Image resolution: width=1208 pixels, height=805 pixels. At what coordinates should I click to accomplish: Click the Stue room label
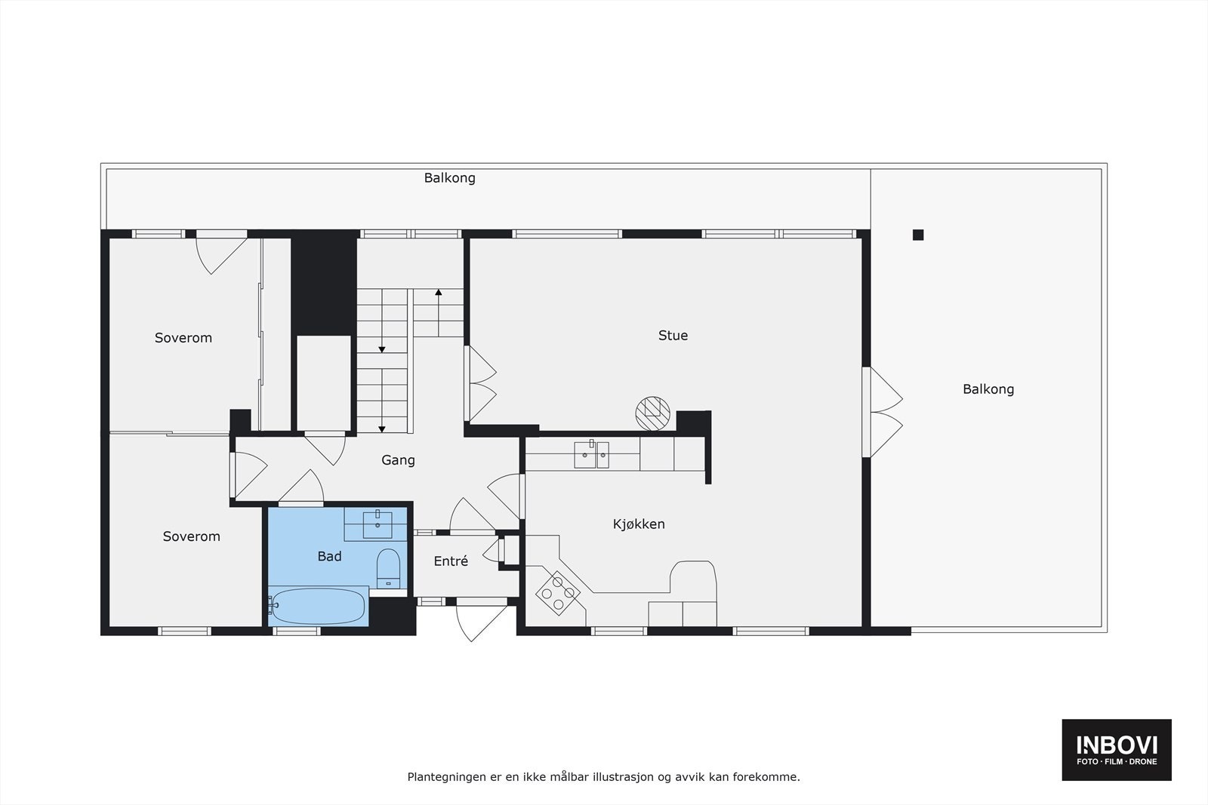pyautogui.click(x=673, y=336)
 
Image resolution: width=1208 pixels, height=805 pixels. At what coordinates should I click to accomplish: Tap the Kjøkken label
pyautogui.click(x=639, y=524)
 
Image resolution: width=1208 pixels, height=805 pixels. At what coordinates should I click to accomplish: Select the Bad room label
pyautogui.click(x=329, y=556)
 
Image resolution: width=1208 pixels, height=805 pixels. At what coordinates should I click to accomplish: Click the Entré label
pyautogui.click(x=451, y=561)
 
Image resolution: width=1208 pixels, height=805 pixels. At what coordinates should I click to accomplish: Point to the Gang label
pyautogui.click(x=398, y=460)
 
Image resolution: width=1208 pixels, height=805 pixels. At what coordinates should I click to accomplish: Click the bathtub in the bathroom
pyautogui.click(x=318, y=607)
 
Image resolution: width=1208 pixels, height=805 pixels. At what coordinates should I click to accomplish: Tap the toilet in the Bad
pyautogui.click(x=388, y=567)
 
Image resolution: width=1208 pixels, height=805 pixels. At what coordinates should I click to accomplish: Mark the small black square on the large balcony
pyautogui.click(x=918, y=235)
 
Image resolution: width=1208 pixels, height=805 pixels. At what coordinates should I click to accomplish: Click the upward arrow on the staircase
pyautogui.click(x=438, y=293)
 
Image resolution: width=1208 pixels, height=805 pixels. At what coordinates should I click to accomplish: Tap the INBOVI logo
pyautogui.click(x=1117, y=749)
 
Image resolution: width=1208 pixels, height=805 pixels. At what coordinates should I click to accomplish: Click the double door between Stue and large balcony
pyautogui.click(x=883, y=412)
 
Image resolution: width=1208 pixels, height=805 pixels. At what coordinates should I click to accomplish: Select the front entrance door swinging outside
pyautogui.click(x=481, y=619)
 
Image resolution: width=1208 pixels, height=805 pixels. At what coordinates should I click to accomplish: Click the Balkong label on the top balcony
pyautogui.click(x=449, y=179)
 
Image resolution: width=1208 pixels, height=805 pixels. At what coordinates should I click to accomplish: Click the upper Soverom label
pyautogui.click(x=183, y=338)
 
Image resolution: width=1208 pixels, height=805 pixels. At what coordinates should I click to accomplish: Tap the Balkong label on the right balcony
pyautogui.click(x=988, y=389)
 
